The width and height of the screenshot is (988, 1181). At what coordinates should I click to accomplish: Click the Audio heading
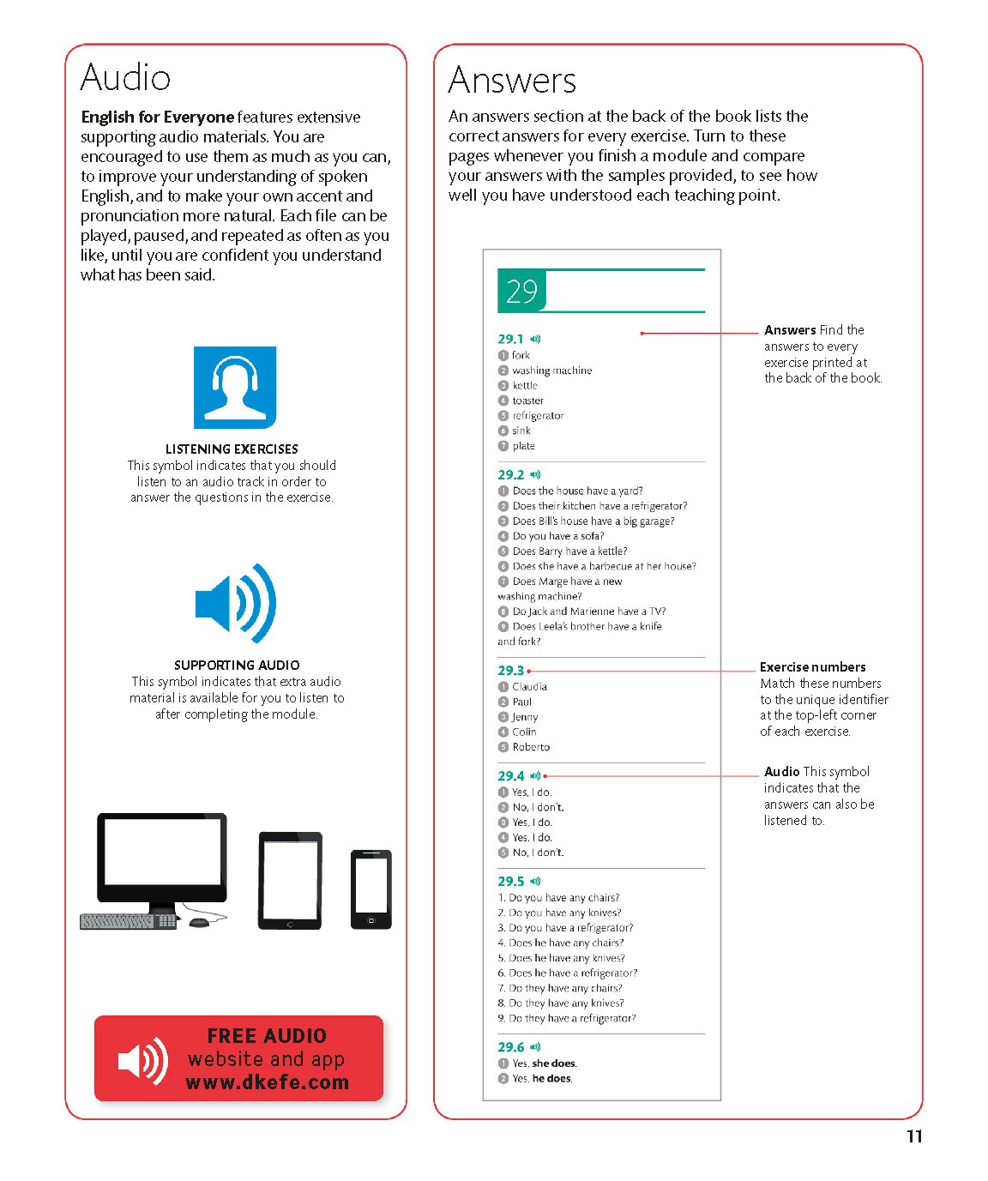pos(125,78)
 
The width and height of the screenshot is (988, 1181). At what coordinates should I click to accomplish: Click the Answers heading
pos(512,81)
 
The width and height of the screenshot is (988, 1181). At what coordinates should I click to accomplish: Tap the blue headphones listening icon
pos(235,388)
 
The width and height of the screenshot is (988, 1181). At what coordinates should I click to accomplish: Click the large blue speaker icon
pos(236,604)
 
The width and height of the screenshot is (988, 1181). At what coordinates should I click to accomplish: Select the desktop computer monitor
pos(162,860)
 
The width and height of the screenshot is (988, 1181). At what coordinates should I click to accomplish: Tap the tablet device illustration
pos(291,880)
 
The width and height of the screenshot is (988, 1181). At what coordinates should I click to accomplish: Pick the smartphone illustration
pos(371,889)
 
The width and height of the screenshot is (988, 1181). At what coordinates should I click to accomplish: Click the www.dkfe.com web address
pos(268,1082)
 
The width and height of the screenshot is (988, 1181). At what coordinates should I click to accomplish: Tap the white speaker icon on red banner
pos(142,1061)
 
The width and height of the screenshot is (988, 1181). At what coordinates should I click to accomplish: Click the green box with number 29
pos(521,292)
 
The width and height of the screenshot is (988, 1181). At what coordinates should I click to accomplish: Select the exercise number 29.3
pos(510,671)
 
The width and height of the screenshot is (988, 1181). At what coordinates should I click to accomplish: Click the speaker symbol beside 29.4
pos(535,775)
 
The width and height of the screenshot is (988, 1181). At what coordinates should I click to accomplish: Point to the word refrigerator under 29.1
pos(538,416)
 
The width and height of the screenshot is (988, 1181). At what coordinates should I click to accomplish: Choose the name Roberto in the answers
pos(531,747)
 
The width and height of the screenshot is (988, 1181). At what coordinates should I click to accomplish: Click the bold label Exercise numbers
pos(812,667)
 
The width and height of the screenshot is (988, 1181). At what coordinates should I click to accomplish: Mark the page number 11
pos(914,1136)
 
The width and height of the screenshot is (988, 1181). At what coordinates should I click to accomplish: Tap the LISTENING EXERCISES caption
pos(232,449)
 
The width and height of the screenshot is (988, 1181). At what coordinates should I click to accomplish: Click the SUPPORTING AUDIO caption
pos(237,666)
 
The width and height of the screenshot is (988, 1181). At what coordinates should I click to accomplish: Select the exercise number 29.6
pos(510,1047)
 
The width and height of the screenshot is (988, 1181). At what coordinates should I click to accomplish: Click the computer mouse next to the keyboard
pos(198,922)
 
